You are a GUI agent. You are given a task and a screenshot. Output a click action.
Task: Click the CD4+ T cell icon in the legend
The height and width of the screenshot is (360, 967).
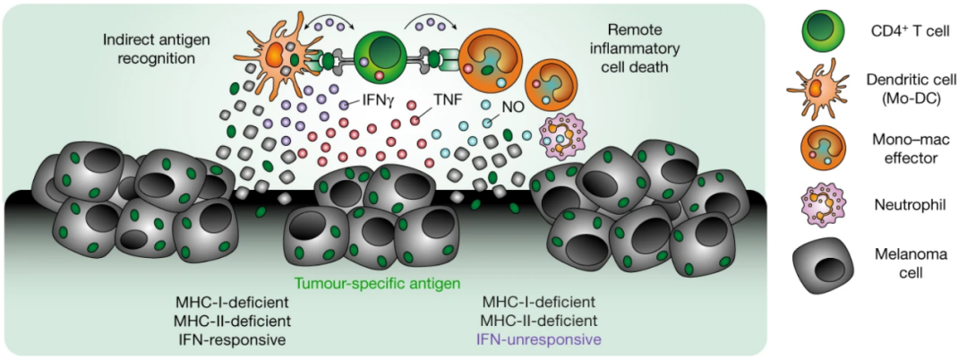(819, 30)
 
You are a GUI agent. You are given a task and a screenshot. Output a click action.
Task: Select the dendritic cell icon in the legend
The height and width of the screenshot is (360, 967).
(819, 91)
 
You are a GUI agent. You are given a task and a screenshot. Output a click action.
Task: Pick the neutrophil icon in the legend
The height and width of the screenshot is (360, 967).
(819, 203)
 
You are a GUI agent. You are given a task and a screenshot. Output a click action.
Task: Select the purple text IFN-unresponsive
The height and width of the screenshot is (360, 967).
(538, 339)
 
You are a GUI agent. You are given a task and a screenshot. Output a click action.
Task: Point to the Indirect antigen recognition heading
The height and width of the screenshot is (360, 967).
(150, 49)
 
